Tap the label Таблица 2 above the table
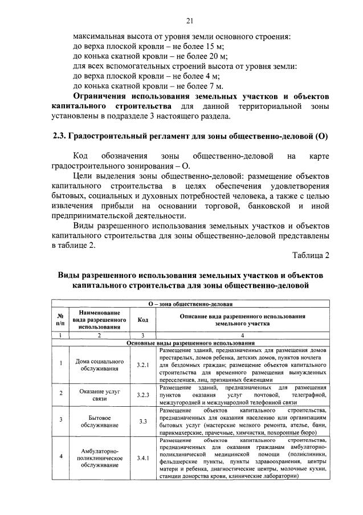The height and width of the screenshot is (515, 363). (311, 254)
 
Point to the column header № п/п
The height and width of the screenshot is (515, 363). (60, 320)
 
